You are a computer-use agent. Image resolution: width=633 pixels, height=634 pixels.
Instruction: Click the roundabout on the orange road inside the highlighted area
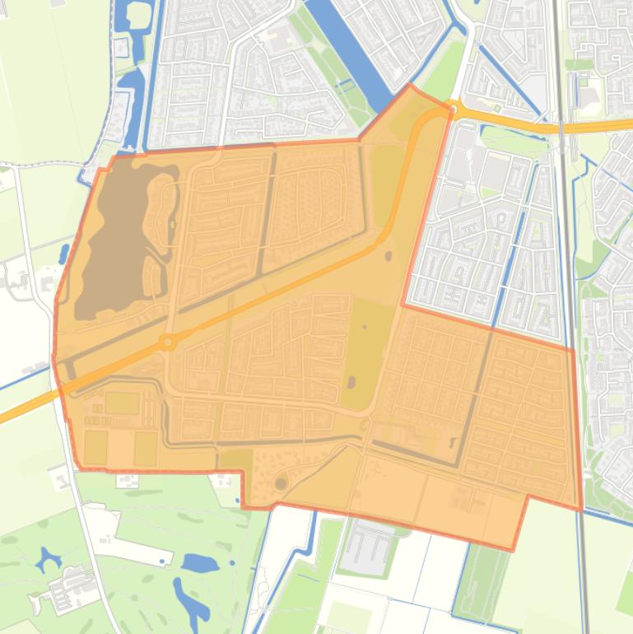point(169,341)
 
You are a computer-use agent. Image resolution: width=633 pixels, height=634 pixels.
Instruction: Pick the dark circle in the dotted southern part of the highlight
point(282,482)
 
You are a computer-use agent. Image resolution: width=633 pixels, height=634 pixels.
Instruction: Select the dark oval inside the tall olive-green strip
point(351,382)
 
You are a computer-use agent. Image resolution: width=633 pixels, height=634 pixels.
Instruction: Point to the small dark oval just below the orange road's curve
point(388,256)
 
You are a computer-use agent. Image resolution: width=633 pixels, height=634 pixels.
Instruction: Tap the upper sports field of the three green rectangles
point(122,403)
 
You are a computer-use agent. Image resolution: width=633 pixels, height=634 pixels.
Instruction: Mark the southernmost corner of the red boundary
point(512,549)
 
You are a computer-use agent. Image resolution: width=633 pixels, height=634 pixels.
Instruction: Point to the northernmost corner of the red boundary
point(409,84)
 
